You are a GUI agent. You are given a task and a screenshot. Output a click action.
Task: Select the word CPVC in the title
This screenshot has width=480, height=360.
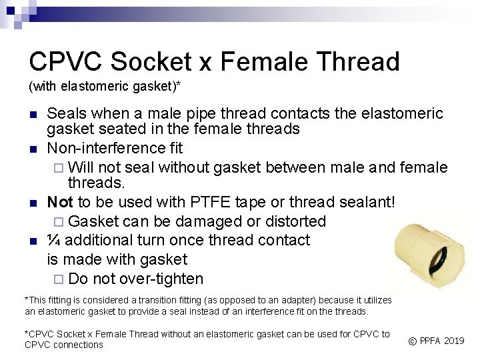(x=65, y=62)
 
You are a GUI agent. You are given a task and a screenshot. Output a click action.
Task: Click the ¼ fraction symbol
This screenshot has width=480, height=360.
(x=53, y=241)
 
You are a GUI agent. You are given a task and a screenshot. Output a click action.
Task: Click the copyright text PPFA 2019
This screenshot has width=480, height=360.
(x=436, y=341)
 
